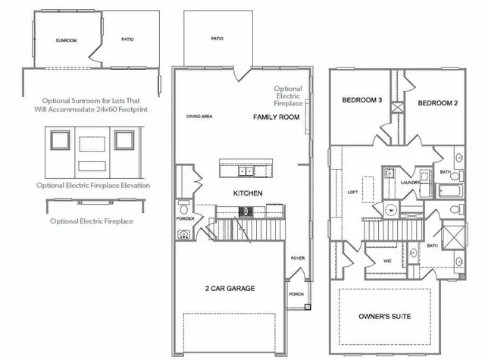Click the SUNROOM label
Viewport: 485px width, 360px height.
[x=67, y=39]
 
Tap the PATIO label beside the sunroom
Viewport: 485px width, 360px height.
[x=127, y=39]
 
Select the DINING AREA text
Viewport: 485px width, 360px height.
[x=200, y=117]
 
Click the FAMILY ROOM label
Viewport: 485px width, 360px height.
[x=276, y=117]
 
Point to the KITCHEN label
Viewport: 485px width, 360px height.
[x=248, y=193]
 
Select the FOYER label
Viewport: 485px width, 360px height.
[x=298, y=258]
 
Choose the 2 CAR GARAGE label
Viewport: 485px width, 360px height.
[x=230, y=288]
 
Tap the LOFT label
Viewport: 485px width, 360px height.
[x=352, y=193]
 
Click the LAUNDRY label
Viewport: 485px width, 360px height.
[x=410, y=183]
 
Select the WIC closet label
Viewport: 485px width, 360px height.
[x=387, y=261]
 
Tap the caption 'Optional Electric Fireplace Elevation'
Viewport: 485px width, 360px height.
[x=92, y=185]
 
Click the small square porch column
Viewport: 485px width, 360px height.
[x=307, y=308]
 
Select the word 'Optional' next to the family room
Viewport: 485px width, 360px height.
[x=288, y=89]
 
